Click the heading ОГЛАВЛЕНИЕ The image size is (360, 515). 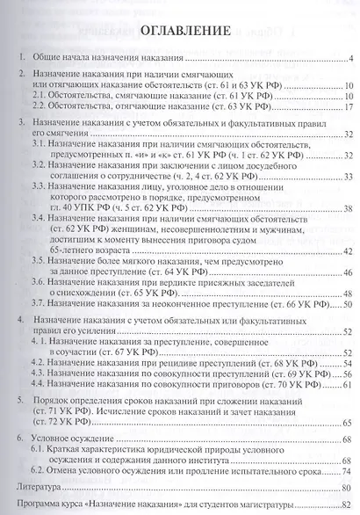point(179,32)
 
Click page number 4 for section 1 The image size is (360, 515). point(349,60)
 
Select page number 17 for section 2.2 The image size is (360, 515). point(347,107)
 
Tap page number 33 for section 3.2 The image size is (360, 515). point(347,176)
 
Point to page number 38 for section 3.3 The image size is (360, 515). point(347,208)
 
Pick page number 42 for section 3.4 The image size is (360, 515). point(347,252)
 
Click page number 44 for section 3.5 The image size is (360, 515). point(347,274)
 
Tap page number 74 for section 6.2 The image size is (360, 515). point(347,471)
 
